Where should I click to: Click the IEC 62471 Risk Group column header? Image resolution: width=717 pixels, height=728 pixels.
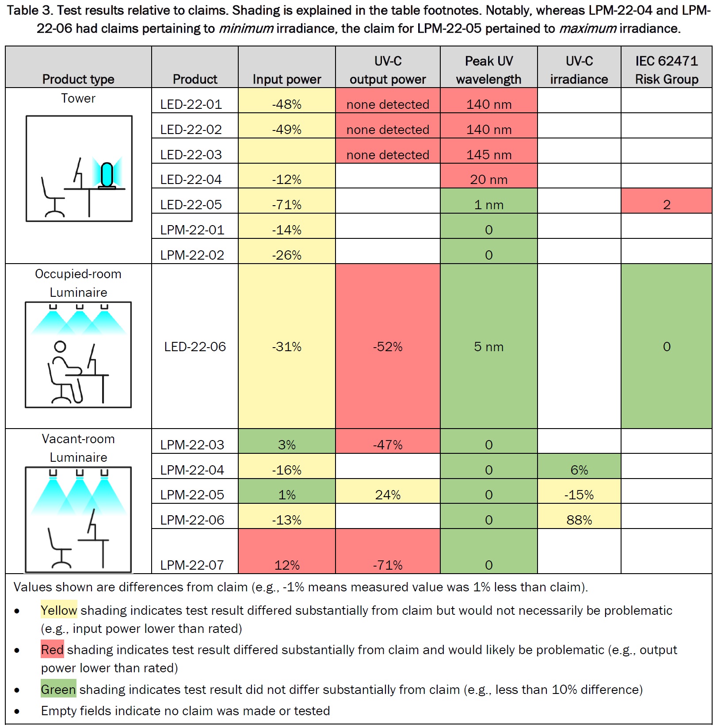pos(666,70)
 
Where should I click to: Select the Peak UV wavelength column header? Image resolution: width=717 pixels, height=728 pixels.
pos(488,70)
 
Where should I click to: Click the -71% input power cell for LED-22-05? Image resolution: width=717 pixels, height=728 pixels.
pos(286,205)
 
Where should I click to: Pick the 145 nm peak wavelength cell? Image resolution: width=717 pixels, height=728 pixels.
pos(488,155)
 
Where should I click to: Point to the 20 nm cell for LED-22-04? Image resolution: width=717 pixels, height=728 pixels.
pos(488,180)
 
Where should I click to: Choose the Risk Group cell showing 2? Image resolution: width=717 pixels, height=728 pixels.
pos(666,205)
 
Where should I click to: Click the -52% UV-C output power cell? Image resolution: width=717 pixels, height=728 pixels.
pos(388,347)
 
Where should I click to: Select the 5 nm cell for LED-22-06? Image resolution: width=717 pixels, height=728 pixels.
pos(488,347)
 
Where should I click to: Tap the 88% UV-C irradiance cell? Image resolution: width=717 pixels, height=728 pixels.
pos(579,520)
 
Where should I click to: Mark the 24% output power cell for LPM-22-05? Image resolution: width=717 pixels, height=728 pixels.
pos(388,494)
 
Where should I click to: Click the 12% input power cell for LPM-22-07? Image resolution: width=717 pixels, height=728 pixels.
pos(286,565)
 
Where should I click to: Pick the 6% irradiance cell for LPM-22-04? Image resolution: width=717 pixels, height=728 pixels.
pos(579,470)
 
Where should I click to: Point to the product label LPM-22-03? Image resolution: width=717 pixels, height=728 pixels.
pos(192,445)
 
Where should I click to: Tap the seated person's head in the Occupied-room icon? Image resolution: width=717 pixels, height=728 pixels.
pos(60,347)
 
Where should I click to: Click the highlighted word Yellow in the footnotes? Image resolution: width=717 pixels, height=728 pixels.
pos(59,610)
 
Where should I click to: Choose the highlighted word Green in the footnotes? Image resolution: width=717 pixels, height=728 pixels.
pos(58,690)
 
